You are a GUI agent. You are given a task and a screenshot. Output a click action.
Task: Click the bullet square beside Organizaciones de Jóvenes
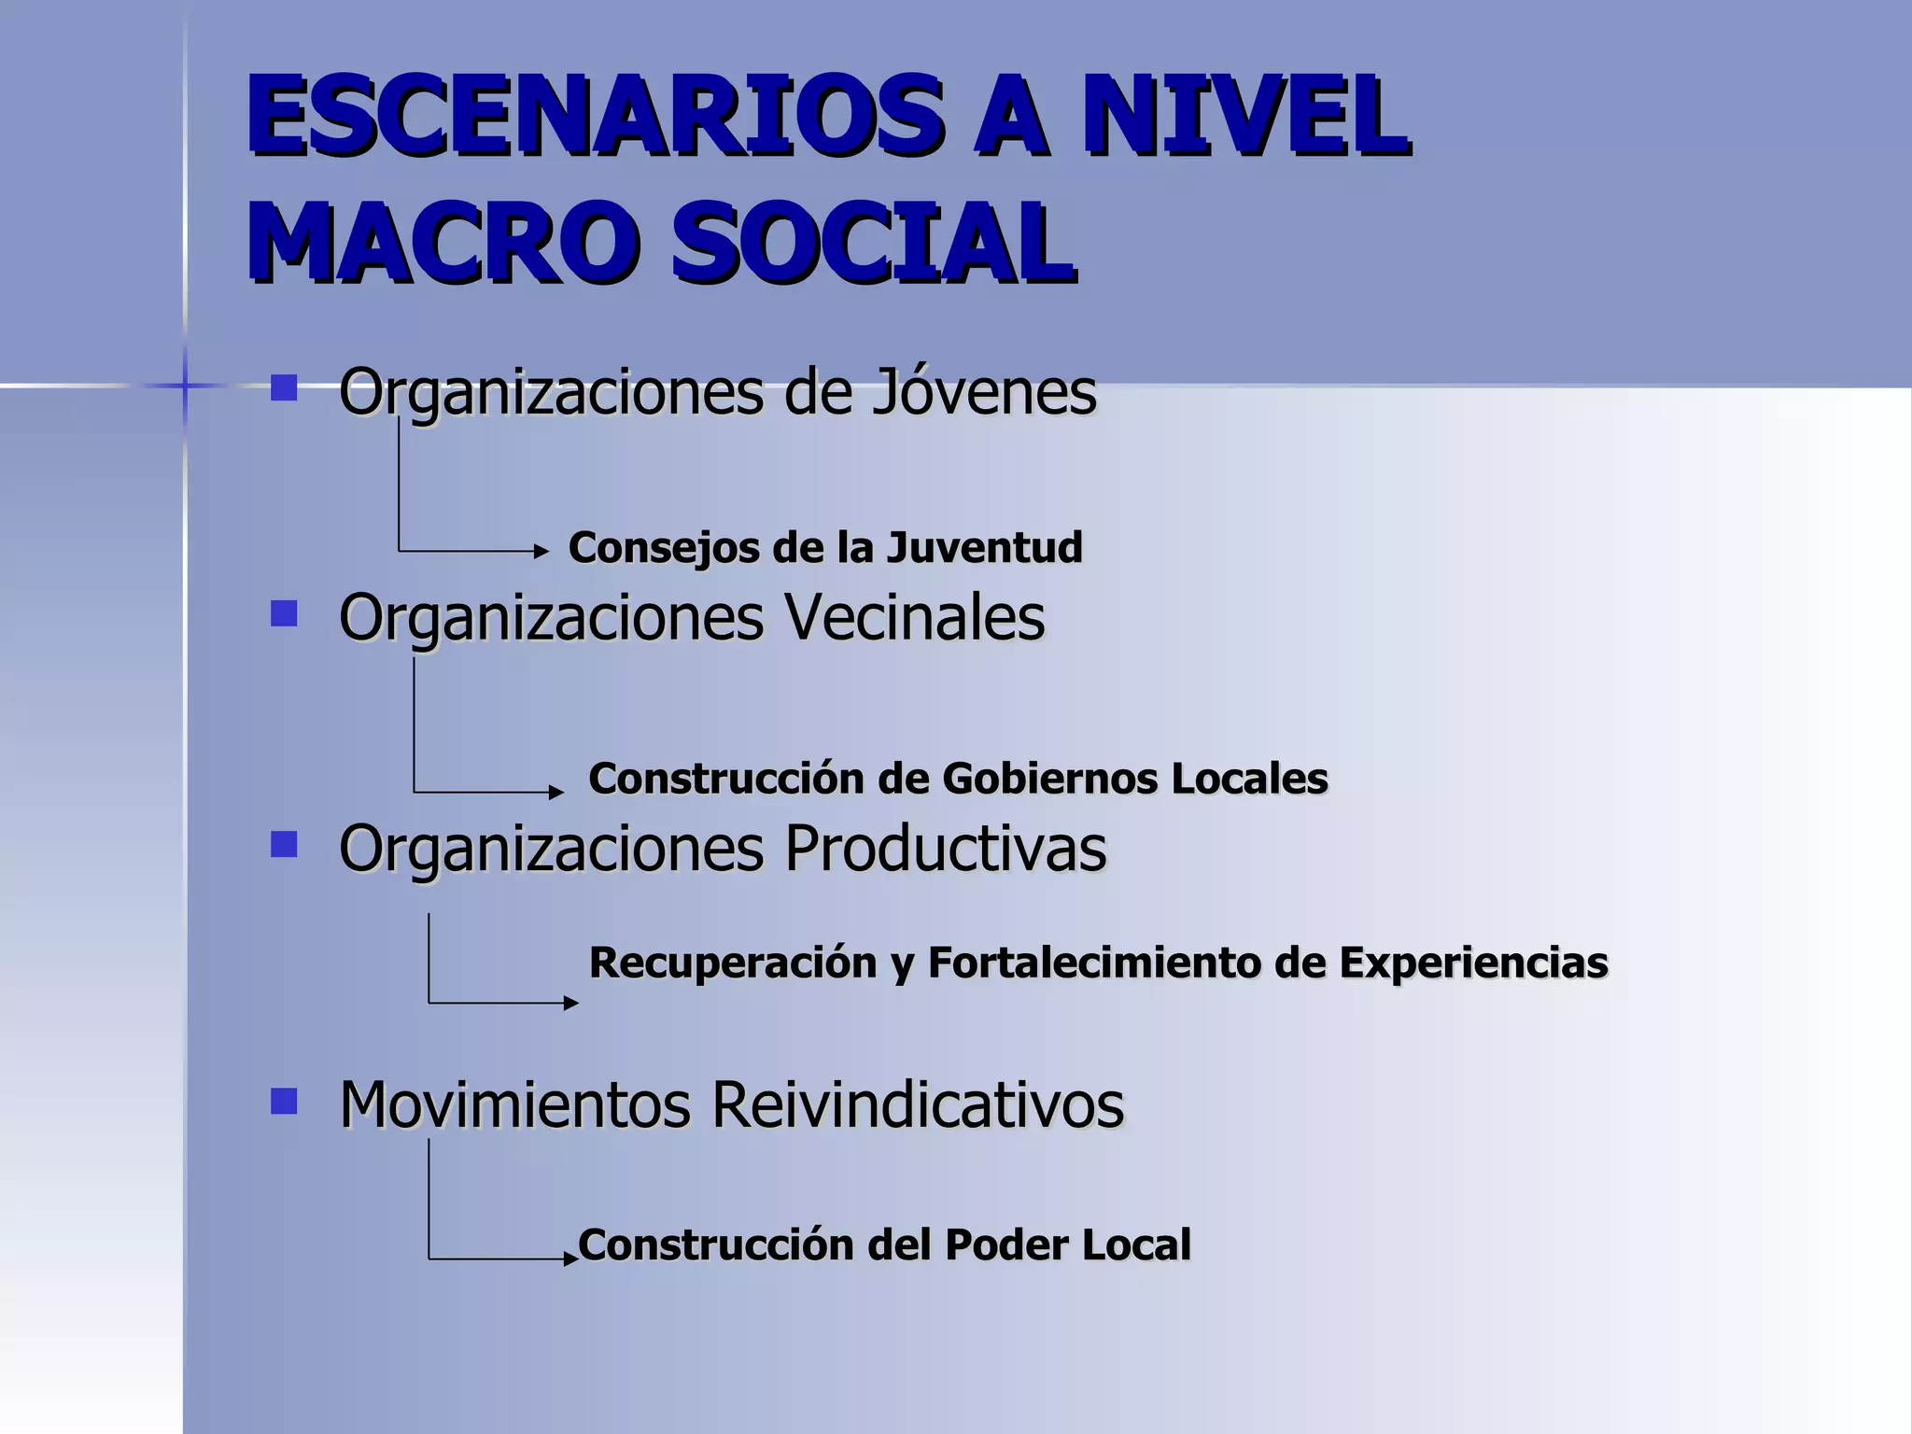coord(284,387)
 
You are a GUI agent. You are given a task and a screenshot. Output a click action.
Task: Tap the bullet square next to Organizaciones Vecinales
coord(284,613)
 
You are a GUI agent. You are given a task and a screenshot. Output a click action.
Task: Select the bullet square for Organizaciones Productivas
coord(284,845)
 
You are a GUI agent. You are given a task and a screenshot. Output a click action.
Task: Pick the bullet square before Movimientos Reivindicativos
coord(284,1102)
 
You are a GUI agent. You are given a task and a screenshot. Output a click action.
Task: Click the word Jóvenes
coord(984,392)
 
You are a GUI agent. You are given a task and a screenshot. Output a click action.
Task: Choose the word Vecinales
coord(914,618)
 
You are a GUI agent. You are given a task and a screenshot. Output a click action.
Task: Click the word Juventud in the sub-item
coord(984,548)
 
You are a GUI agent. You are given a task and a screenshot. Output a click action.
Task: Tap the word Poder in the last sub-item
coord(1005,1245)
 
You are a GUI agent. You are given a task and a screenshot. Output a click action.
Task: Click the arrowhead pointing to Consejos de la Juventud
coord(541,552)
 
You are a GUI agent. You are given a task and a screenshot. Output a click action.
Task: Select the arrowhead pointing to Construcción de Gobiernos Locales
coord(556,793)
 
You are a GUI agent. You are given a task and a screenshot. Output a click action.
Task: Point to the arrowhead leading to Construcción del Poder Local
coord(571,1259)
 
